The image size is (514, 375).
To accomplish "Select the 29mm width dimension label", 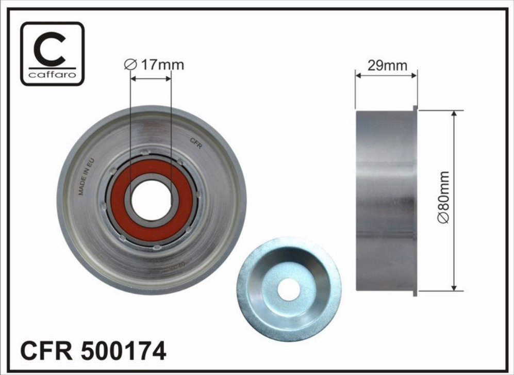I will [x=387, y=66].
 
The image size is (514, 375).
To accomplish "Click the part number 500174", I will [x=124, y=352].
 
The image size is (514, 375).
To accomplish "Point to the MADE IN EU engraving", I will [x=87, y=177].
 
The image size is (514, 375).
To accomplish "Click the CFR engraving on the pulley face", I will [x=196, y=143].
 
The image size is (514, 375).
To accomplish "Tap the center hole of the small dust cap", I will [x=288, y=289].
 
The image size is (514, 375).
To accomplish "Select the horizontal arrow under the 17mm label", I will [x=150, y=79].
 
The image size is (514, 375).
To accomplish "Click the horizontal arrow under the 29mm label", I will [x=386, y=75].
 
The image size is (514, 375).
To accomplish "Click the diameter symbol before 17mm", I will [x=130, y=65].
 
